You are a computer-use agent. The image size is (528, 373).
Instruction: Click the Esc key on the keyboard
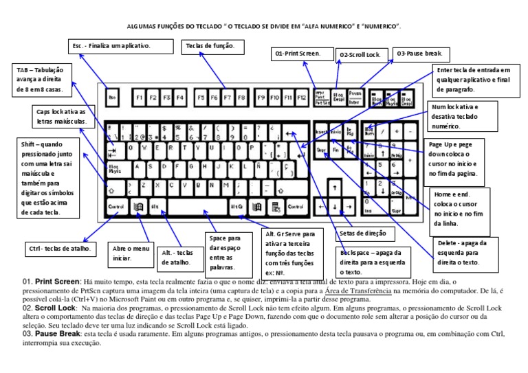[x=113, y=98]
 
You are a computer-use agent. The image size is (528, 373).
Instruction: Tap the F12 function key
[x=300, y=98]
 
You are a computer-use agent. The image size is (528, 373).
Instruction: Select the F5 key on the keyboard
[x=201, y=98]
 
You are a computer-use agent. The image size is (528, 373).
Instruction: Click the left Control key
[x=115, y=206]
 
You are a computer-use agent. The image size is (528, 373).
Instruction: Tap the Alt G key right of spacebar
[x=236, y=206]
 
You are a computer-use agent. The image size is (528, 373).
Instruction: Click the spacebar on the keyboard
[x=197, y=206]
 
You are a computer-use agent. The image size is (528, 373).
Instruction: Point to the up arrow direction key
[x=335, y=188]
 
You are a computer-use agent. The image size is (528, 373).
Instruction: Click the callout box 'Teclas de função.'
[x=212, y=46]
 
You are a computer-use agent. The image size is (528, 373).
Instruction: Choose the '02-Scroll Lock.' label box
[x=362, y=54]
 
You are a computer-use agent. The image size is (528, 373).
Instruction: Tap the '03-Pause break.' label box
[x=419, y=53]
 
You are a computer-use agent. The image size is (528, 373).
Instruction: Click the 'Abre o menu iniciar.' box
[x=131, y=254]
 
